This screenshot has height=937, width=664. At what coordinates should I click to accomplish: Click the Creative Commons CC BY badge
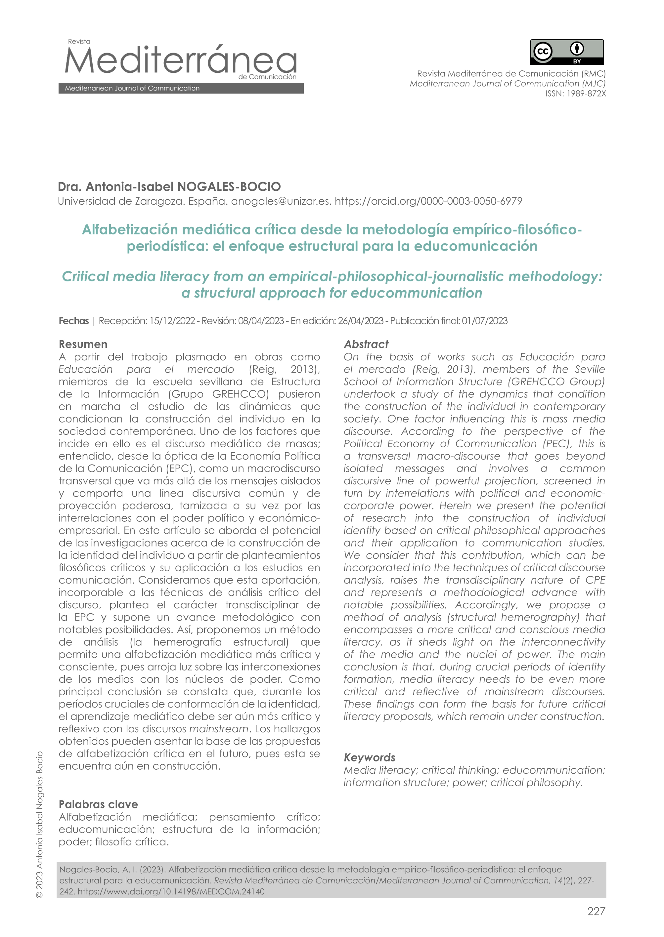[x=566, y=52]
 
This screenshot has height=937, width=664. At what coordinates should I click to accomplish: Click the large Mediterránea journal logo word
[x=180, y=61]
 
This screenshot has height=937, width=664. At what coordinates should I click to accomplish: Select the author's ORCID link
[x=428, y=201]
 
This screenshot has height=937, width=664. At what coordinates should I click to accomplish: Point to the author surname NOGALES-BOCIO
[x=229, y=187]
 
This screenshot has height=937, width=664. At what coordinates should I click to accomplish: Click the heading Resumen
[x=83, y=344]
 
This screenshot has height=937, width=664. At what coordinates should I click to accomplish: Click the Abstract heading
[x=366, y=344]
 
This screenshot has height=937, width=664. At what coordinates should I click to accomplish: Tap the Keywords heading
[x=369, y=757]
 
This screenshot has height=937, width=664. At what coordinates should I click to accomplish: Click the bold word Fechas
[x=73, y=321]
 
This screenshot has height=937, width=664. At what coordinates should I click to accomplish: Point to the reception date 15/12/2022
[x=172, y=321]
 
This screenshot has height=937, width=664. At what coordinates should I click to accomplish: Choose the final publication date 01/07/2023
[x=484, y=321]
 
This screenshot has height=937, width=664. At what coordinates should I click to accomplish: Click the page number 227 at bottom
[x=596, y=911]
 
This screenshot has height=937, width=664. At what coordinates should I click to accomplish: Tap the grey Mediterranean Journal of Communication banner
[x=181, y=88]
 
